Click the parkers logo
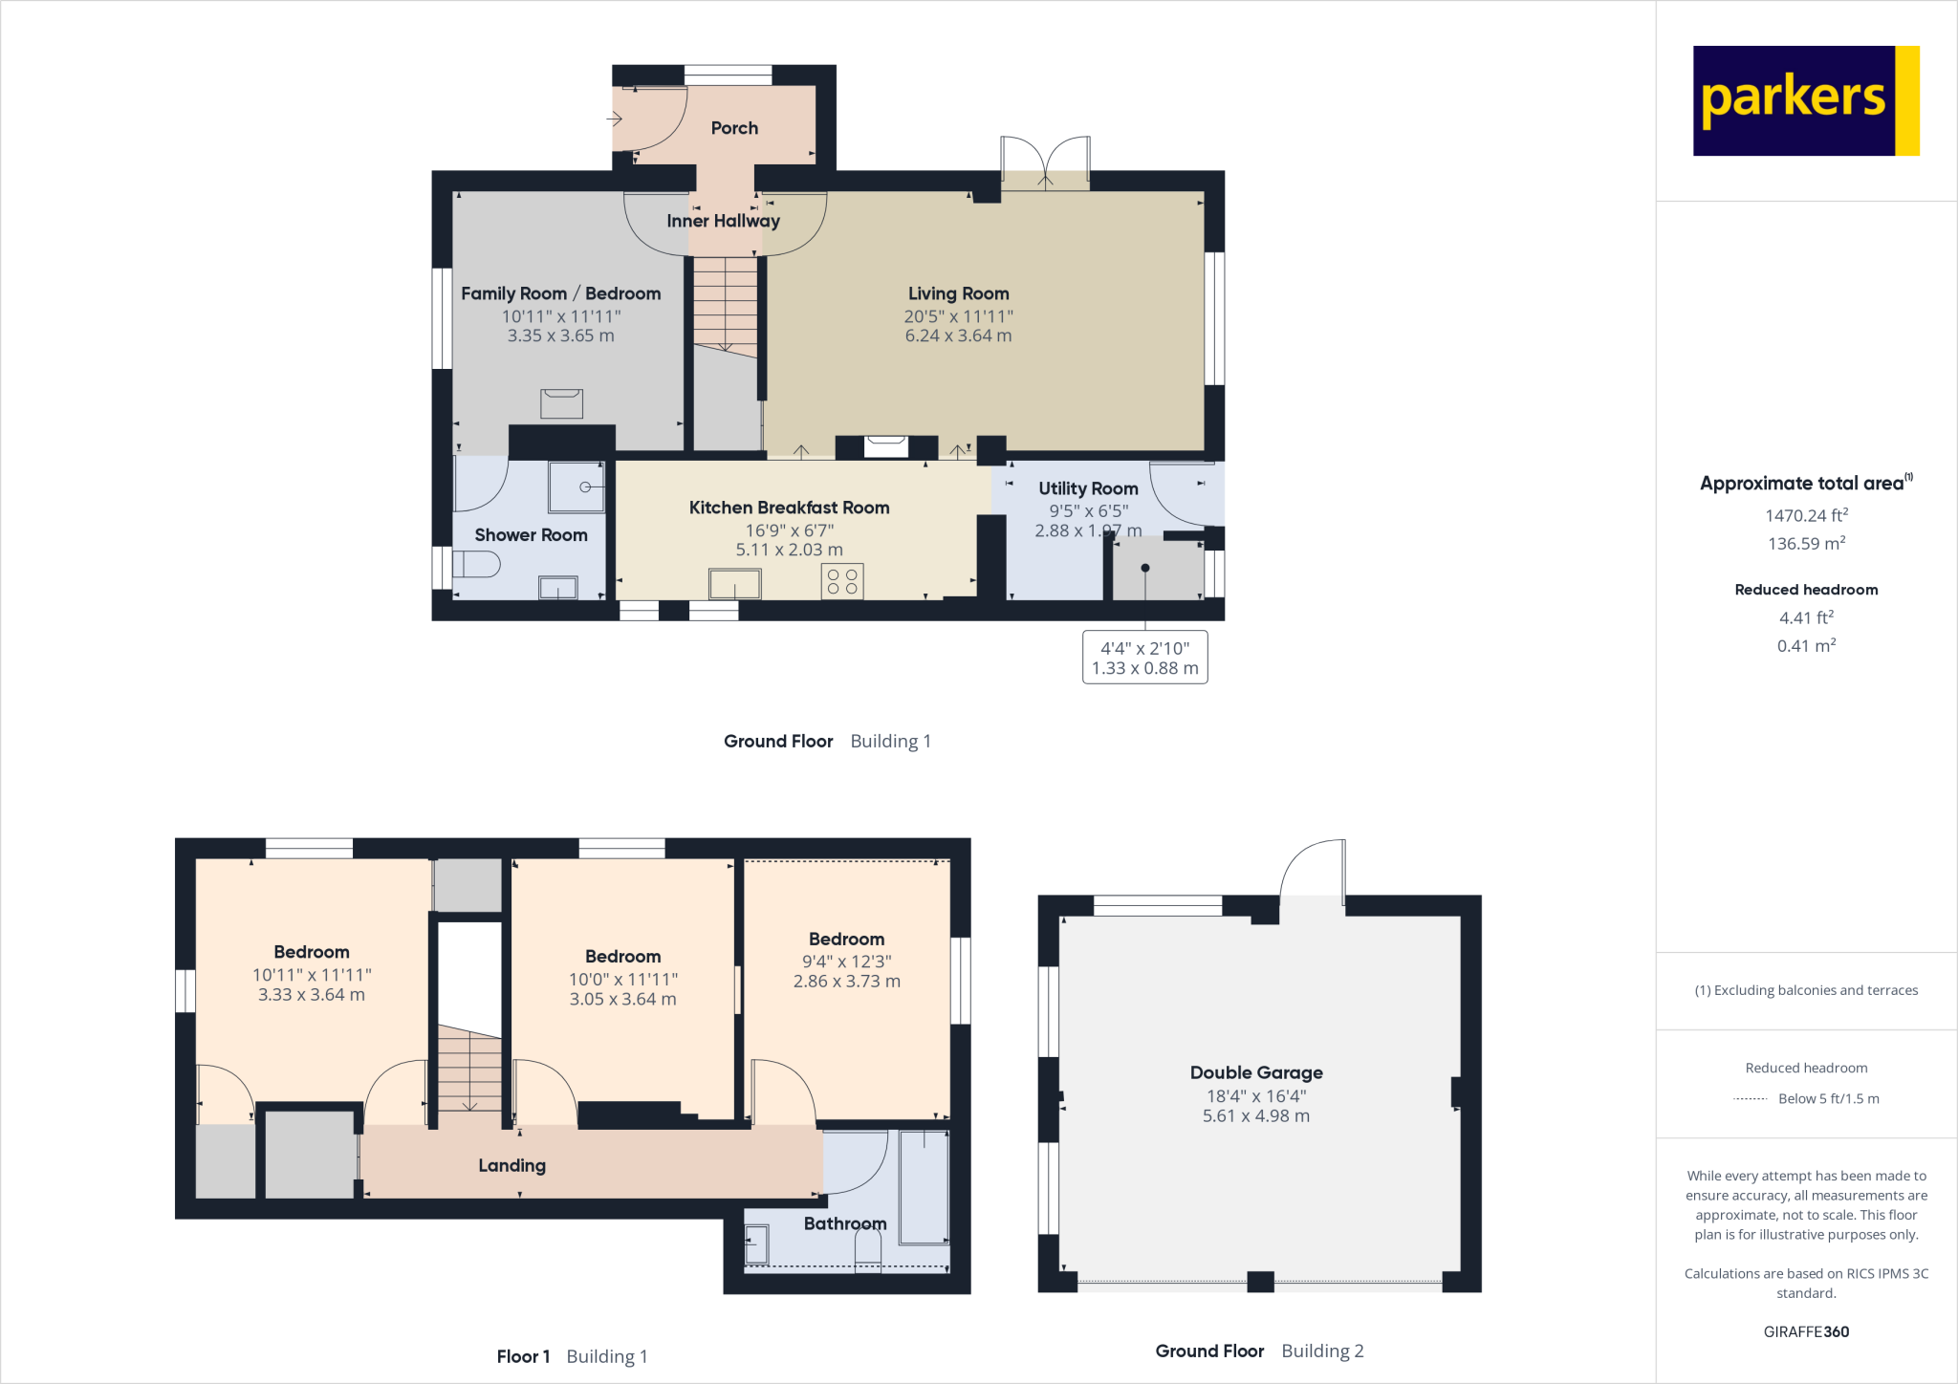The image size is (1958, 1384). pos(1805,100)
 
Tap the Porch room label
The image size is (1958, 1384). pos(734,128)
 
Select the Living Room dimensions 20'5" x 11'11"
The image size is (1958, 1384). pos(958,315)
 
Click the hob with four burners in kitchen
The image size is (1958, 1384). pos(842,581)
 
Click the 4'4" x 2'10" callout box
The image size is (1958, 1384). pos(1144,658)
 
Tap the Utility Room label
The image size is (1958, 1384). pos(1088,488)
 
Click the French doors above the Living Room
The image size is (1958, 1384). pos(1045,162)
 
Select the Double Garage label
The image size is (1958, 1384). pos(1255,1072)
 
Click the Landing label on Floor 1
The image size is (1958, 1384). pos(511,1165)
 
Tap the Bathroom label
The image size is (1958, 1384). pos(844,1223)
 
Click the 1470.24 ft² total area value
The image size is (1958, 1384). pos(1805,515)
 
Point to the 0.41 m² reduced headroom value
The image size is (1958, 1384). pos(1805,646)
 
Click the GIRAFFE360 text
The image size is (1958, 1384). pos(1805,1331)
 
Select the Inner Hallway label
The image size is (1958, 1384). pos(723,221)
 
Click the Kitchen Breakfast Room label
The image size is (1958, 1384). pos(789,508)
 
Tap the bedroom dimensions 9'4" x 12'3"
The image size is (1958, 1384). pos(846,961)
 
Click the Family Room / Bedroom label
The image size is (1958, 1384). pos(560,293)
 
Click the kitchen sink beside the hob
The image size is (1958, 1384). pos(734,583)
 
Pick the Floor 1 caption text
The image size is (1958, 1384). pos(523,1356)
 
